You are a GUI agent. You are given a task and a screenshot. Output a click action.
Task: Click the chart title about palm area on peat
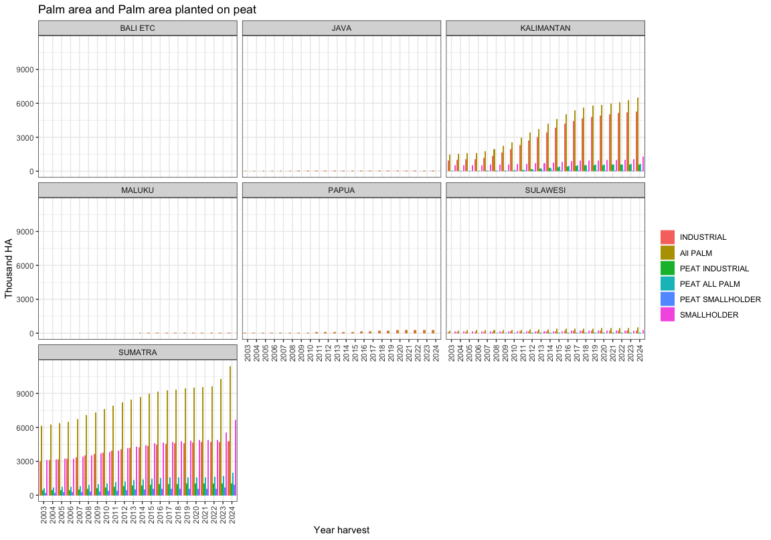147,10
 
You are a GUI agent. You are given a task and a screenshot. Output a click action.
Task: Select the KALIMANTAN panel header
545,28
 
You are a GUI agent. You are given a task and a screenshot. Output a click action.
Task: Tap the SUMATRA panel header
137,352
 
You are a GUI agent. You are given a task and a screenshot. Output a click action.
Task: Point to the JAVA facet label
341,28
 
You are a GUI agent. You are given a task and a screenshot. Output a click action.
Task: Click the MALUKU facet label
137,190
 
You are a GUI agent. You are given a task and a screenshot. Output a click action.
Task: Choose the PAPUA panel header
341,190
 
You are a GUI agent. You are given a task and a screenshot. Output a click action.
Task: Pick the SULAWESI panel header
545,190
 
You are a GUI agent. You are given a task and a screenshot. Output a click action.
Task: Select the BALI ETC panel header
137,28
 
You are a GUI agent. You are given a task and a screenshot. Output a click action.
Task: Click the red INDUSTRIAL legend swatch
667,237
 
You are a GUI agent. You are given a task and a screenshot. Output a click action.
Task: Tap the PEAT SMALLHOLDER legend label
719,299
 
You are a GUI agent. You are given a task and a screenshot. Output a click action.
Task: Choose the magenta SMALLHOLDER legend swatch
667,314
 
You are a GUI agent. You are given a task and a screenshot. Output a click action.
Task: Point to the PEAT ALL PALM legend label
709,283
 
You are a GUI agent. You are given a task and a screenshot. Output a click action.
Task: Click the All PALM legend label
695,253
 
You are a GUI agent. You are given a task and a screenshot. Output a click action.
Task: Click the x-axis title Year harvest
341,530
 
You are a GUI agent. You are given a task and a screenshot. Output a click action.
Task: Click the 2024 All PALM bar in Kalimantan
638,135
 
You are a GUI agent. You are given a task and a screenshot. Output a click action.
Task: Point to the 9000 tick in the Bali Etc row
28,70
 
